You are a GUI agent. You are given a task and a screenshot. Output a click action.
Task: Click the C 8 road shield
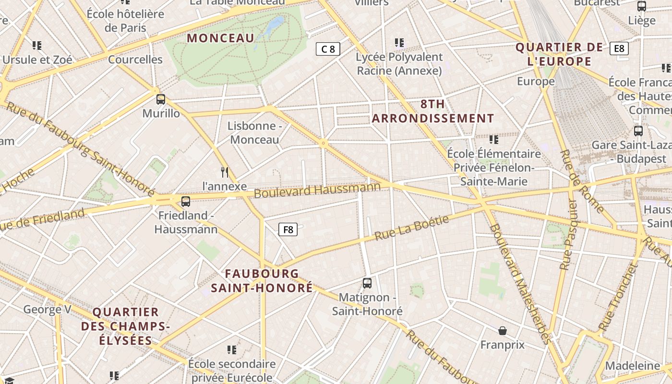[x=328, y=48]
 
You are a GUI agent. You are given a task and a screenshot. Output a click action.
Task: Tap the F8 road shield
[x=288, y=229]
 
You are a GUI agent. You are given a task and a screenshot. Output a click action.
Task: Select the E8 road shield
[x=619, y=48]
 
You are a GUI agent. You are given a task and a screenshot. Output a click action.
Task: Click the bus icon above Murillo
[x=161, y=99]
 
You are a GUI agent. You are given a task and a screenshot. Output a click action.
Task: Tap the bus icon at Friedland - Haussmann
[x=186, y=202]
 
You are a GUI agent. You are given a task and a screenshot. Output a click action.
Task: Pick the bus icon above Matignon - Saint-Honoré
[x=367, y=283]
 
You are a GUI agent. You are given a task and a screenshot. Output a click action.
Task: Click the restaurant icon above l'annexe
[x=224, y=172]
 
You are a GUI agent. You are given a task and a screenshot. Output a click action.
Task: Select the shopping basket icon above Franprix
[x=503, y=331]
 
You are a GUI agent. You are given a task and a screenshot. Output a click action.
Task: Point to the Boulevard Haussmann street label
[x=317, y=190]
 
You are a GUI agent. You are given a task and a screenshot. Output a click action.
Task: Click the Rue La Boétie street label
[x=412, y=228]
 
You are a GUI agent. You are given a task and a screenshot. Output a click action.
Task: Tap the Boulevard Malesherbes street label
[x=521, y=283]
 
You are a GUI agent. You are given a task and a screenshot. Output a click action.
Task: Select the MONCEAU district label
[x=220, y=38]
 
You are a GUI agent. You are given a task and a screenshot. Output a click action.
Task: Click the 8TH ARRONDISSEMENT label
[x=433, y=111]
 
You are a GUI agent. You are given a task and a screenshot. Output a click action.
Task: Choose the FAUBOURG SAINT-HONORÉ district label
[x=262, y=281]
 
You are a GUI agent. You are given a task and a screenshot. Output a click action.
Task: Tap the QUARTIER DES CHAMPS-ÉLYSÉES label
[x=125, y=326]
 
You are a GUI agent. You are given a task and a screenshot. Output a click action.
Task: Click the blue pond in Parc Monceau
[x=275, y=24]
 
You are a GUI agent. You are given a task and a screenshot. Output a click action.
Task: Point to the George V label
[x=47, y=309]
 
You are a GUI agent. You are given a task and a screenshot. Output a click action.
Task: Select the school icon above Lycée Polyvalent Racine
[x=399, y=43]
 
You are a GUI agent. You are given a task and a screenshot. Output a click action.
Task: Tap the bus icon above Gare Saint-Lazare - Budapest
[x=638, y=131]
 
